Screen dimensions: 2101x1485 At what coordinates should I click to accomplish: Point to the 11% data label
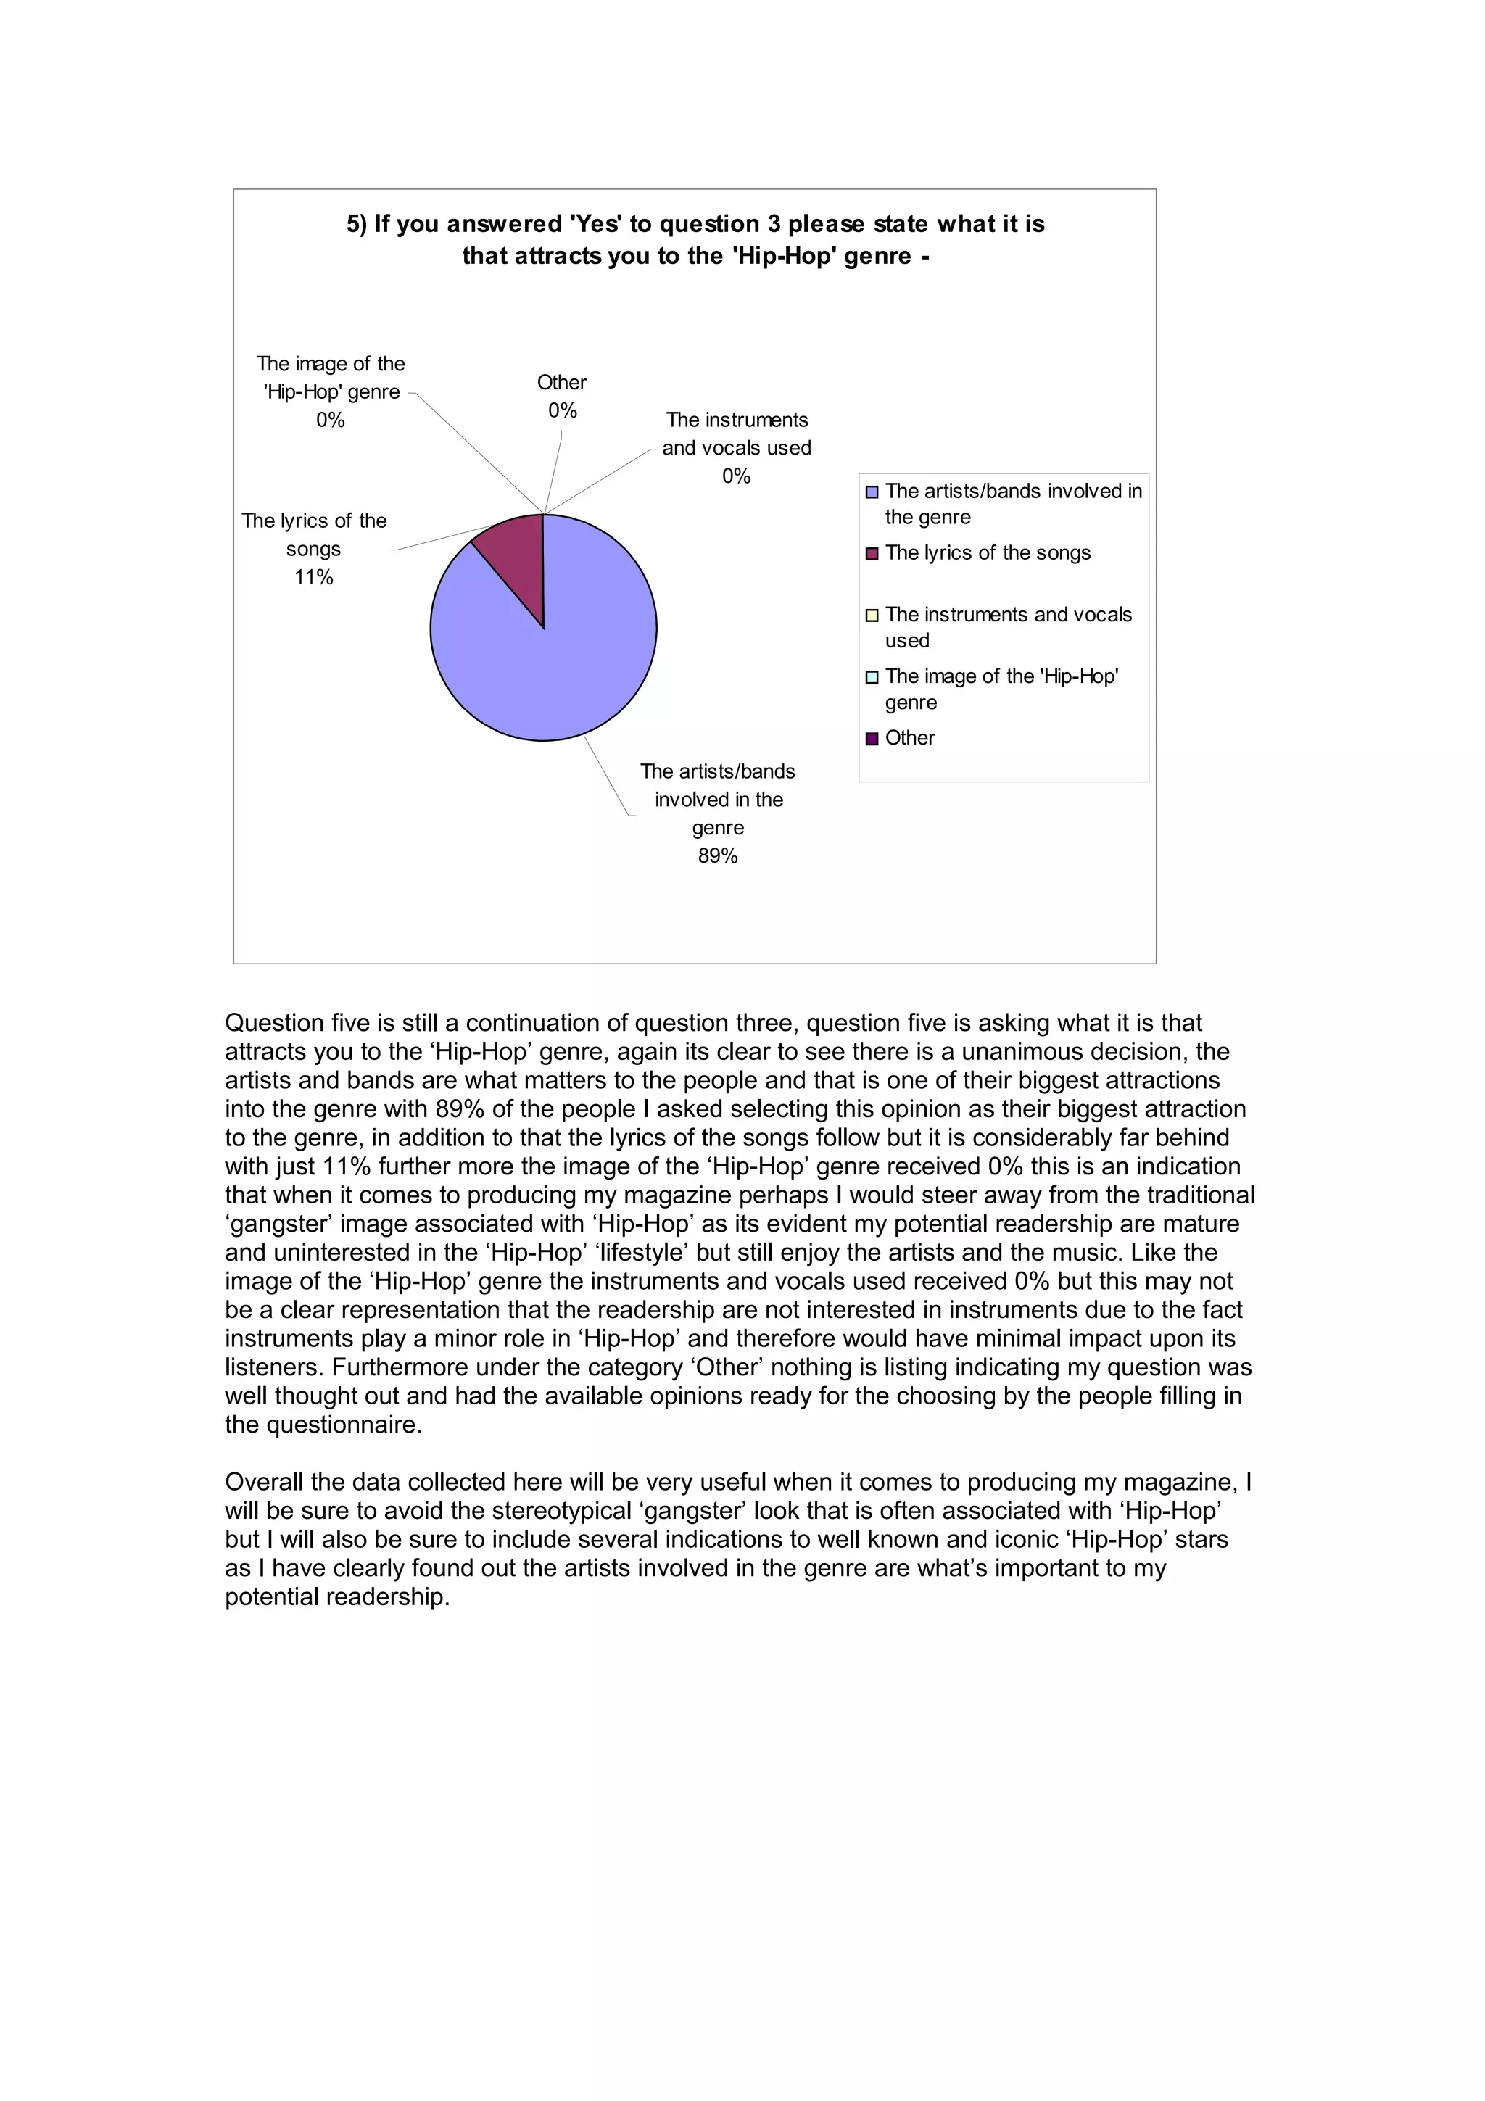(x=313, y=577)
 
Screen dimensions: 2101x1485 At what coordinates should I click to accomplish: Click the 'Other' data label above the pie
(x=562, y=384)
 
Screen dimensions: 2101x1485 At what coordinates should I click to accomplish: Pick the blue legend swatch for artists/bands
(x=872, y=492)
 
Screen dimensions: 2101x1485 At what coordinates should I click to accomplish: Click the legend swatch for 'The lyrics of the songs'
(x=872, y=554)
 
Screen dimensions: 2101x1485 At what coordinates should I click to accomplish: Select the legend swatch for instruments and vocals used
(x=872, y=616)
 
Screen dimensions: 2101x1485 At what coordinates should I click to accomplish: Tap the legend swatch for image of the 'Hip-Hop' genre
(x=872, y=677)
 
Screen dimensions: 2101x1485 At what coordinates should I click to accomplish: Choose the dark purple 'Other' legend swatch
(x=872, y=739)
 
